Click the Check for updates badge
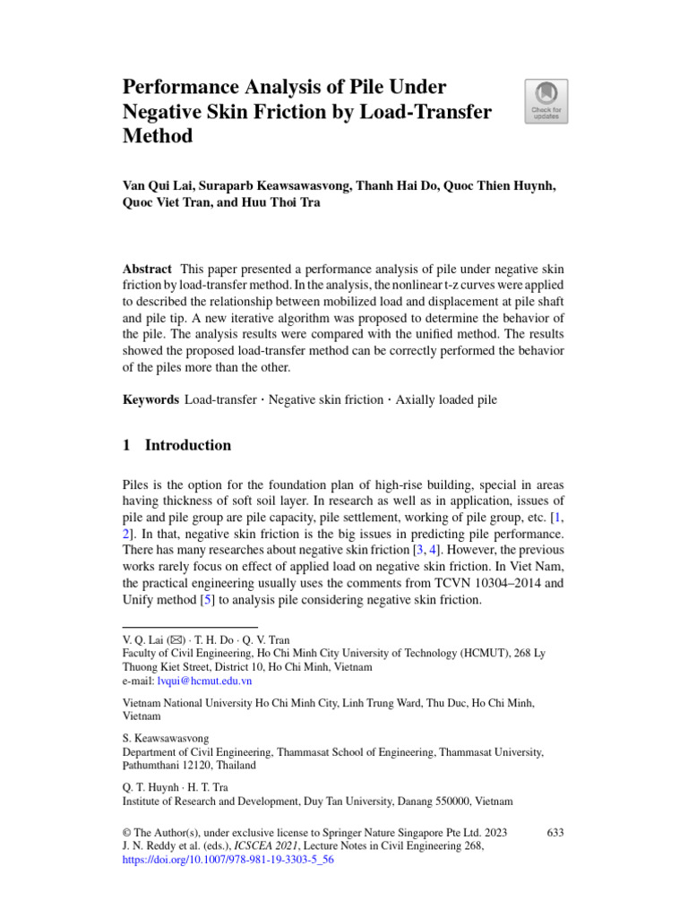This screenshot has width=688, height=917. tap(546, 101)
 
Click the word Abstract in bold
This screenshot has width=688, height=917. tap(148, 270)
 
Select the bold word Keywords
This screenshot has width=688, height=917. tap(150, 399)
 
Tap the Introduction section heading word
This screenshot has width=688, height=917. tap(188, 445)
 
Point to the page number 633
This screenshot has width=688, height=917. tap(555, 833)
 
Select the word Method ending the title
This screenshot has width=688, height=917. tap(157, 137)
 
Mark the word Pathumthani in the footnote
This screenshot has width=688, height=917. tap(154, 767)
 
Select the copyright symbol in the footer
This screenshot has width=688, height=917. tap(126, 833)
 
